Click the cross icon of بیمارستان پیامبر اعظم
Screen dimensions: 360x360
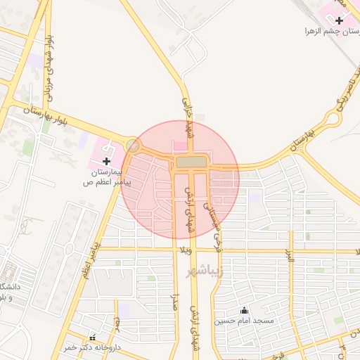[x=106, y=161]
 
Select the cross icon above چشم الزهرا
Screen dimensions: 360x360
[x=340, y=20]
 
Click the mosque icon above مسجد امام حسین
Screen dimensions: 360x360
[x=244, y=310]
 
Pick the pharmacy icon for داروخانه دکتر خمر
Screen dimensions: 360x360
[x=92, y=338]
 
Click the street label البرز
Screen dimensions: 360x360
[x=288, y=257]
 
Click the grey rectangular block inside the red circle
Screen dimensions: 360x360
[x=191, y=162]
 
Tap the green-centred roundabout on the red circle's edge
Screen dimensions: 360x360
[x=132, y=146]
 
